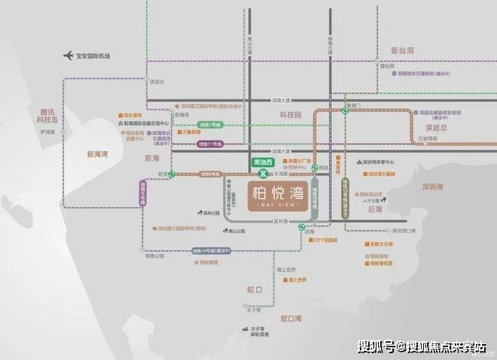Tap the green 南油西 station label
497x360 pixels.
click(262, 162)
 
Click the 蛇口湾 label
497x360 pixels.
click(288, 319)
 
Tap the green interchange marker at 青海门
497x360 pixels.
click(346, 111)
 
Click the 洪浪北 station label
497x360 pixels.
click(156, 81)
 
